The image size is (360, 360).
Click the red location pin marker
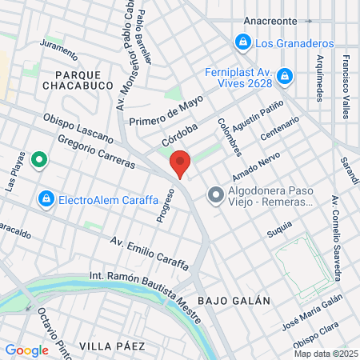click(181, 163)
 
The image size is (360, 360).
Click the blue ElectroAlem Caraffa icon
click(46, 198)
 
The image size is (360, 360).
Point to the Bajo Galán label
click(234, 300)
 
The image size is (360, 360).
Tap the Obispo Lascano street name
click(78, 128)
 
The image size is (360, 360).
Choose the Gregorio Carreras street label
click(97, 150)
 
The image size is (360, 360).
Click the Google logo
click(26, 350)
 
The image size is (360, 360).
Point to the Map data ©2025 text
click(325, 354)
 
